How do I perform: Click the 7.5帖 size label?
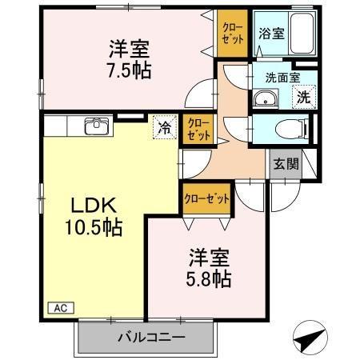130,69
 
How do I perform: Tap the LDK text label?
86,205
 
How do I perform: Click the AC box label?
60,306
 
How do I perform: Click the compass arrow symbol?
310,338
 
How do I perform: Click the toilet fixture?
289,128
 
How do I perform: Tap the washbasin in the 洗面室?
265,99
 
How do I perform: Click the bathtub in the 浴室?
296,34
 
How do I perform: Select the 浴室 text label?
270,34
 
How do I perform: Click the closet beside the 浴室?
233,33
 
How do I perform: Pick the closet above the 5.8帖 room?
206,198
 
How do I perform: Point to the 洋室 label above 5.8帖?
210,258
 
